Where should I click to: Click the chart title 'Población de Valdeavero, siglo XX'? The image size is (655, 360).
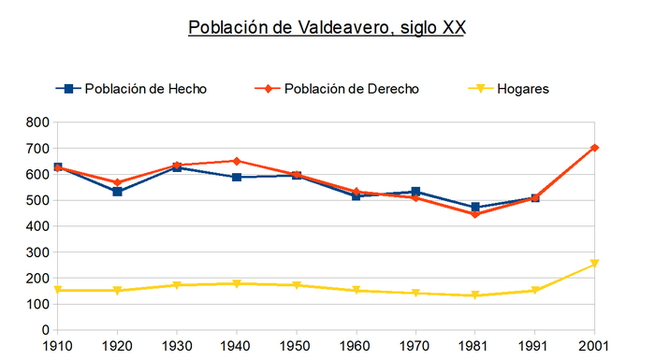[x=327, y=27]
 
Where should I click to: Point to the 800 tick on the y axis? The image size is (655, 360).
[x=37, y=122]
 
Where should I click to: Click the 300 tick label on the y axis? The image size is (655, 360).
[x=37, y=252]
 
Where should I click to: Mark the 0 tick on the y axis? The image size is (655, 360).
[x=44, y=330]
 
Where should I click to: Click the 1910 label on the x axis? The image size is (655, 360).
[x=58, y=347]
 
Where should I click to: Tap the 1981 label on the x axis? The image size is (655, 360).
[x=475, y=347]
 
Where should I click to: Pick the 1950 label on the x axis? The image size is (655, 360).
[x=297, y=347]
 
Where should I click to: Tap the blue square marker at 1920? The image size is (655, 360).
[x=118, y=192]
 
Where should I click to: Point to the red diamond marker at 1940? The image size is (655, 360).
[x=237, y=161]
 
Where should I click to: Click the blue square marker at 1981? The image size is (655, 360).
[x=475, y=208]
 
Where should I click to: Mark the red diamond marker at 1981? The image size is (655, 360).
[x=475, y=214]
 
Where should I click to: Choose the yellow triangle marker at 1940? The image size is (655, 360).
[x=237, y=283]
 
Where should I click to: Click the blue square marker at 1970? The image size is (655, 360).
[x=415, y=192]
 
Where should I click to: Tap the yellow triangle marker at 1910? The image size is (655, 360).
[x=58, y=290]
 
